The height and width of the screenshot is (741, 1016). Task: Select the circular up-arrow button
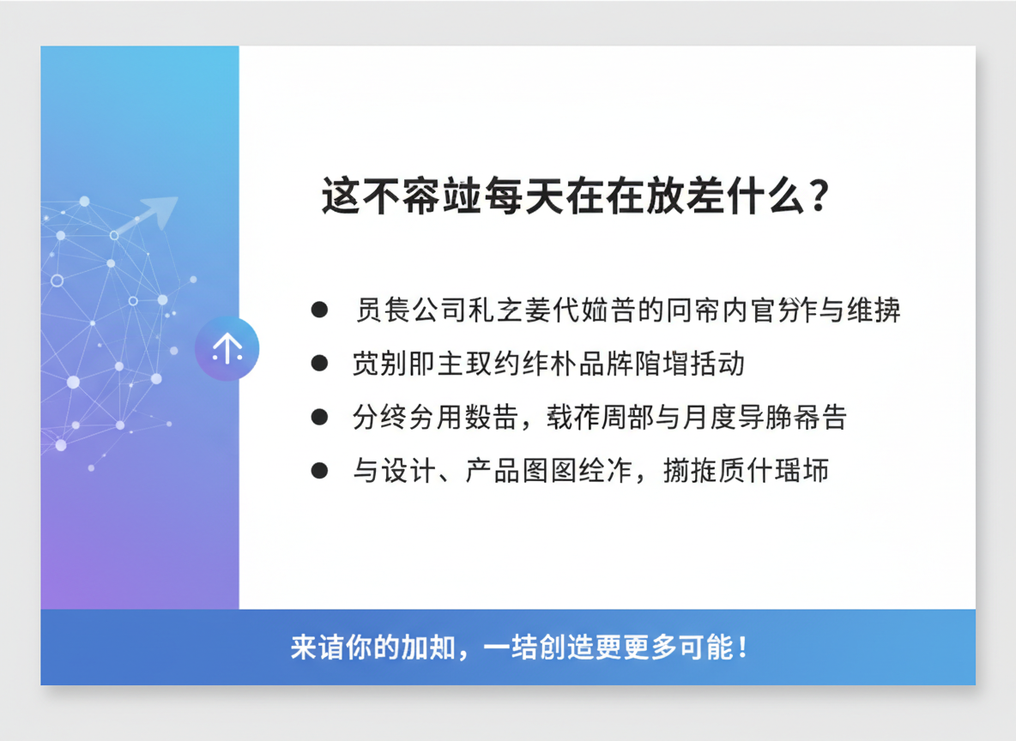click(x=227, y=348)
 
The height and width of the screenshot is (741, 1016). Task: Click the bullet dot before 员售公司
click(x=319, y=310)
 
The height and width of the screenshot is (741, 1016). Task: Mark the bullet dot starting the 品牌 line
click(x=319, y=364)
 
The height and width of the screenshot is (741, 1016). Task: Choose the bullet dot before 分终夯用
click(x=319, y=418)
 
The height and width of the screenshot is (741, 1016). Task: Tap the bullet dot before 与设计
click(x=319, y=471)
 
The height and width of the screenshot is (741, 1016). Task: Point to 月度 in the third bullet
click(x=696, y=418)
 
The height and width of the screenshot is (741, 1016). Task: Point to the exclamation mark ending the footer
click(x=743, y=647)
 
